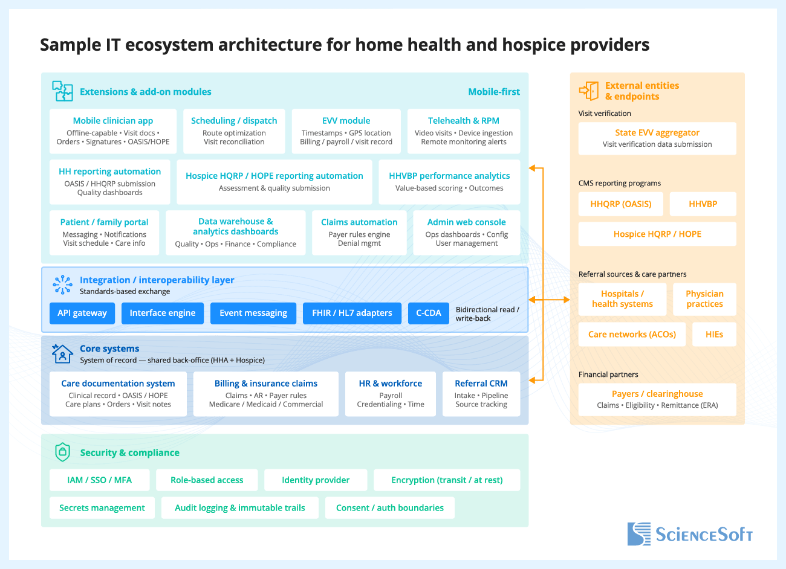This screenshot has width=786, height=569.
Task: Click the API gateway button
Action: click(x=82, y=313)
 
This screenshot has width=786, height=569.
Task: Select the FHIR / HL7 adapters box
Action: click(x=352, y=313)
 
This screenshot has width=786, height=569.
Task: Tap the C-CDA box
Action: click(x=429, y=313)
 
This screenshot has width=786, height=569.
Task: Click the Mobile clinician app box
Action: click(x=113, y=132)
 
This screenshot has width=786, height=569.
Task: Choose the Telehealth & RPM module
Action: click(x=464, y=132)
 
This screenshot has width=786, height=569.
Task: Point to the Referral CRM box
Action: click(x=481, y=394)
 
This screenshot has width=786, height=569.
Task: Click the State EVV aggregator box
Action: click(x=657, y=138)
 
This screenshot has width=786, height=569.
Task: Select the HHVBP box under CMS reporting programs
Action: click(x=703, y=204)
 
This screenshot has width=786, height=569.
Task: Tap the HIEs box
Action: click(x=714, y=335)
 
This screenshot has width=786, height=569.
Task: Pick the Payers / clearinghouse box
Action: click(x=657, y=399)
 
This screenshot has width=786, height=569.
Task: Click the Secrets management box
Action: click(x=102, y=508)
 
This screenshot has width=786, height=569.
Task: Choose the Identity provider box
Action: click(x=316, y=480)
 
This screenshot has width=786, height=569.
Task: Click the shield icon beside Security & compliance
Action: click(x=63, y=452)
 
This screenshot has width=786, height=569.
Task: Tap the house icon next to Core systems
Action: click(x=62, y=353)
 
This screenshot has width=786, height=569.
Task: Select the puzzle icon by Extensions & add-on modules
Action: click(x=62, y=91)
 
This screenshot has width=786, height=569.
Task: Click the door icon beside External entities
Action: click(x=589, y=91)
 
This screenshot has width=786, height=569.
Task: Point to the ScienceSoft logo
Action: click(x=690, y=534)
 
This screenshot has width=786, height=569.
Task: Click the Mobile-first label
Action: click(x=494, y=92)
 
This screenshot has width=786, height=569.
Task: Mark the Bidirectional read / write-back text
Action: click(x=487, y=313)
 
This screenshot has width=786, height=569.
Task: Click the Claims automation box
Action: click(x=359, y=233)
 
